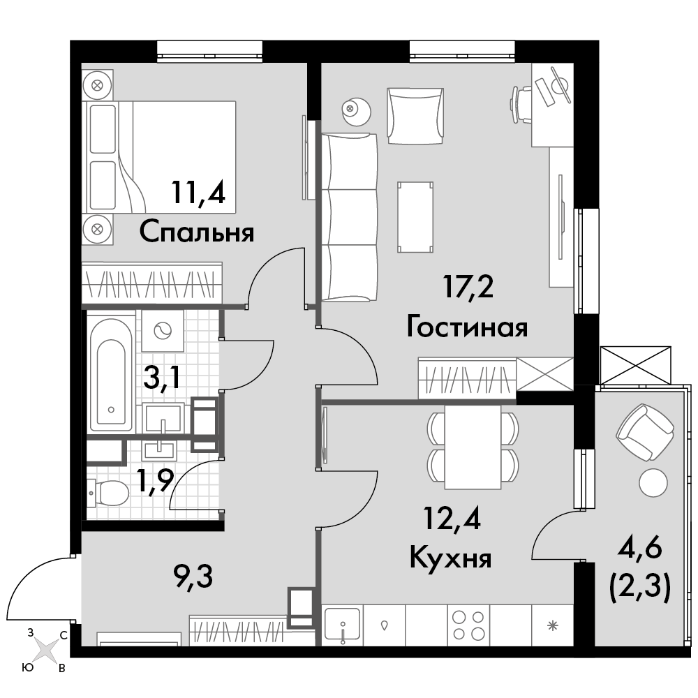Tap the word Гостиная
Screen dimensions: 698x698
coord(467,327)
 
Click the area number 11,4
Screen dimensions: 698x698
coord(198,193)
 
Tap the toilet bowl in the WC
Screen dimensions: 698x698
coord(107,493)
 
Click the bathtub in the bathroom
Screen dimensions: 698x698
coord(111,374)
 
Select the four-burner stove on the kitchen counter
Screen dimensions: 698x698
coord(468,625)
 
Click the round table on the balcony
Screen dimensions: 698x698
coord(653,482)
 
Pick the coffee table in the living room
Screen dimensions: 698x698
coord(415,217)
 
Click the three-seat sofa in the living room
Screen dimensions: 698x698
coord(349,216)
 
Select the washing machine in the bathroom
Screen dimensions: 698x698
coord(163,331)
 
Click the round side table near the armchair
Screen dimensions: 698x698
coord(356,111)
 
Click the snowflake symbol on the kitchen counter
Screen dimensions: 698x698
coord(552,625)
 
